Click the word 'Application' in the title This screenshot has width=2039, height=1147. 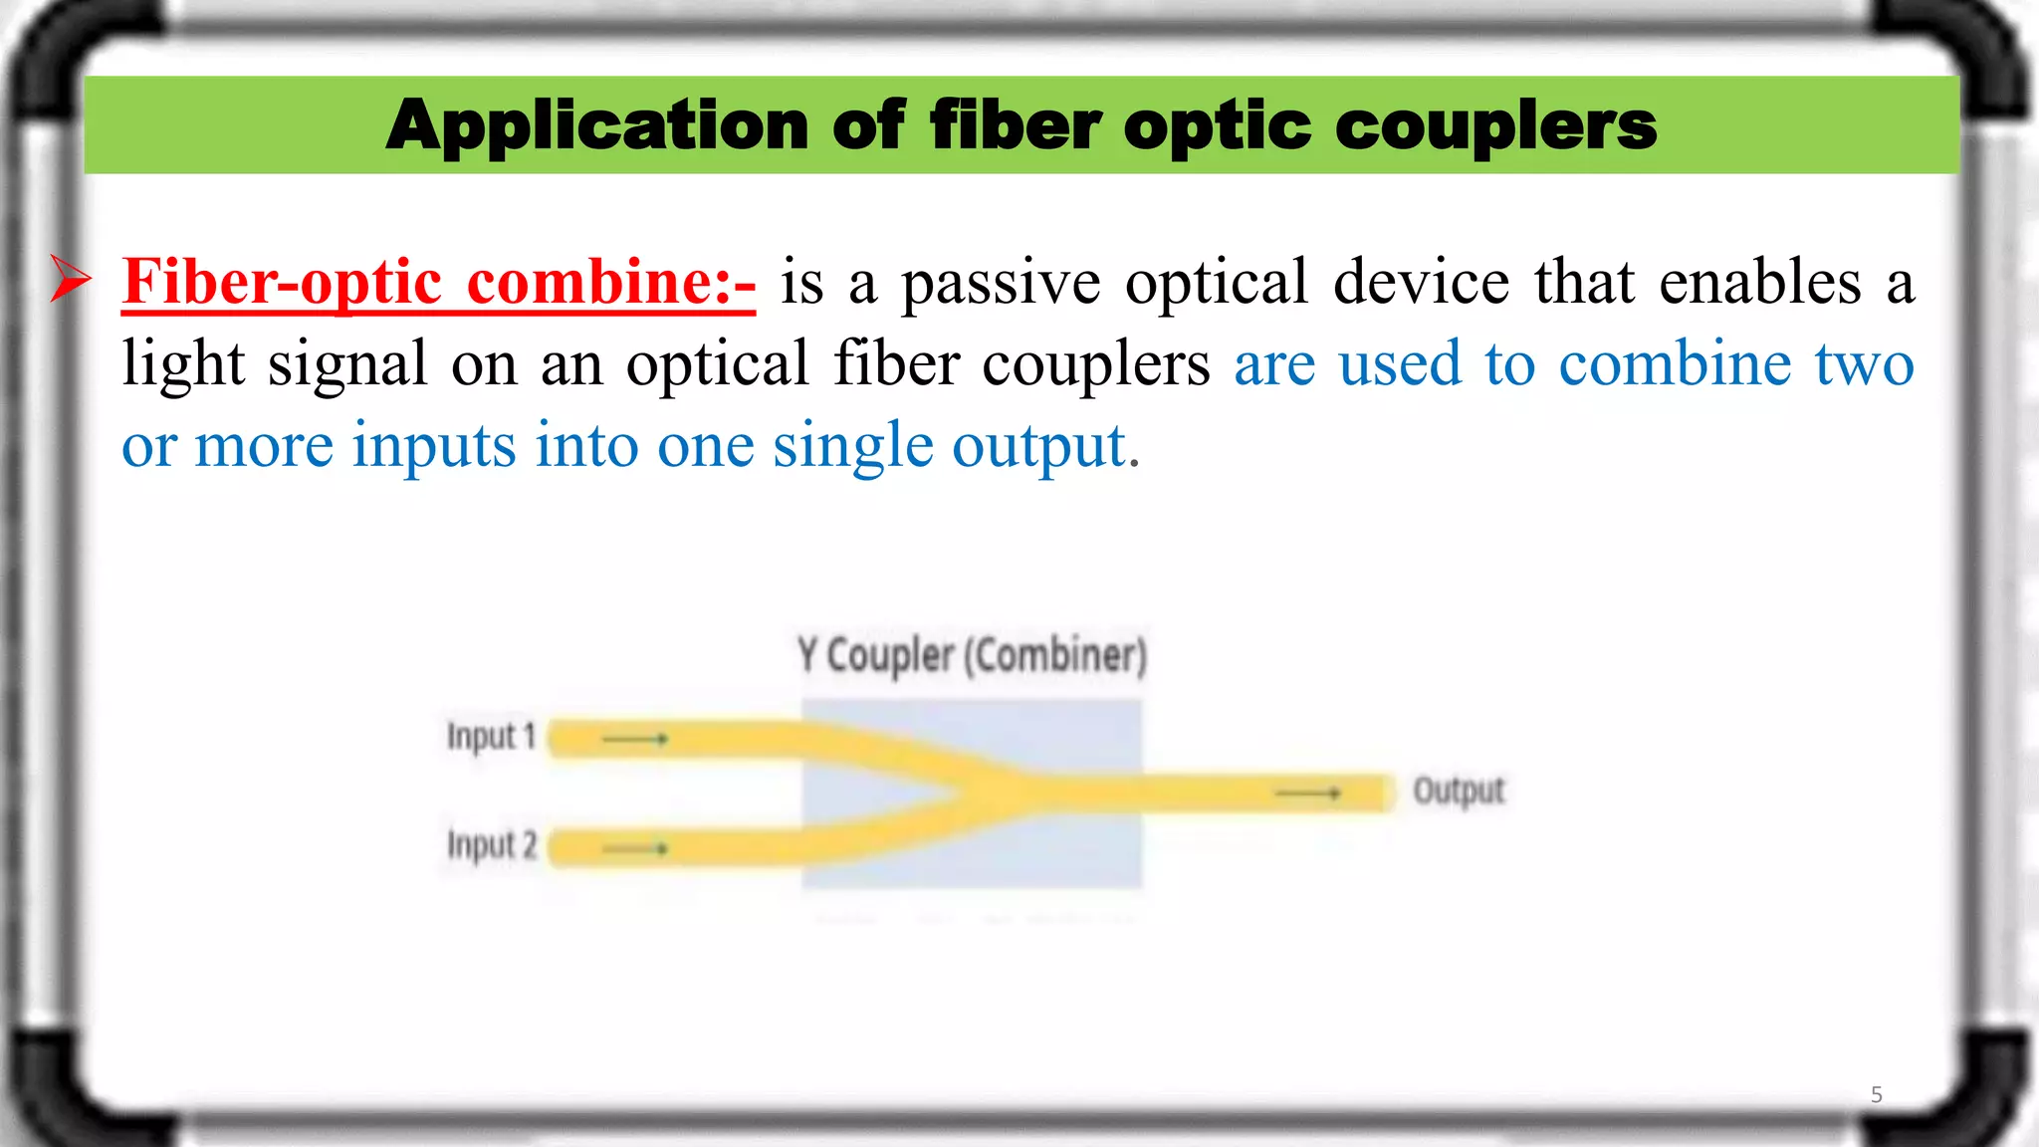click(596, 126)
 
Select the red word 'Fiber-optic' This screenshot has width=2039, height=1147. click(282, 282)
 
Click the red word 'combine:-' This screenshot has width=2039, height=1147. click(610, 282)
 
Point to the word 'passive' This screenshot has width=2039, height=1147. click(1001, 282)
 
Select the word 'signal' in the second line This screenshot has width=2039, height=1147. click(347, 363)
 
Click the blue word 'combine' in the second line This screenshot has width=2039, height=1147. click(1675, 363)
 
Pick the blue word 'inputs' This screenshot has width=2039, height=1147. click(434, 445)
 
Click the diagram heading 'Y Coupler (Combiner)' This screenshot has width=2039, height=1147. click(972, 655)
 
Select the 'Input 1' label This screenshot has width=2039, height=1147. click(491, 737)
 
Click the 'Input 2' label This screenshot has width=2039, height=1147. click(492, 845)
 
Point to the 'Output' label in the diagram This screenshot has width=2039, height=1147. click(1459, 791)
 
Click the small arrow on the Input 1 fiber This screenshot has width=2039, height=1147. click(635, 739)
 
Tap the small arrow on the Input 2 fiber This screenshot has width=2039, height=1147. click(635, 848)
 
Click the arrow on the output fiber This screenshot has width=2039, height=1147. click(1308, 793)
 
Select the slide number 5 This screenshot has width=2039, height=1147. click(1876, 1094)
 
